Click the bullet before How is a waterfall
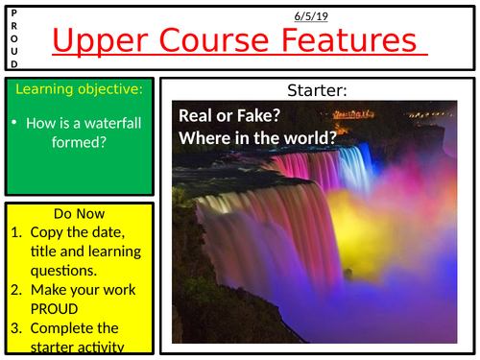[x=18, y=123]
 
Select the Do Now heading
[x=79, y=214]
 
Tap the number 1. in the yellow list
[x=17, y=232]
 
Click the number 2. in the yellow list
[x=17, y=290]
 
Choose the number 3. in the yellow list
[x=17, y=328]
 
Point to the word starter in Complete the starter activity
[x=56, y=347]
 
